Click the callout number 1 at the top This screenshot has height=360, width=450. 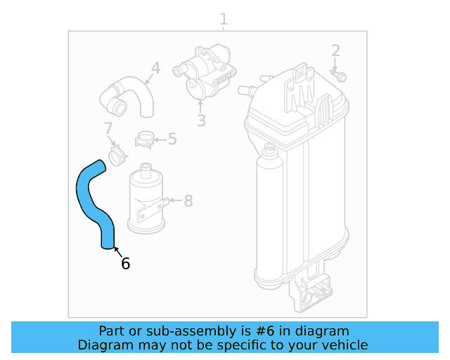[224, 19]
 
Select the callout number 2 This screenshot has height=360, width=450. [336, 51]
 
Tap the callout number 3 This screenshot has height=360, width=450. [201, 120]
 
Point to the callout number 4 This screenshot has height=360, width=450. [155, 68]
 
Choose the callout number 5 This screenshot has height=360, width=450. [172, 139]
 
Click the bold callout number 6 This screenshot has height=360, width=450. [125, 264]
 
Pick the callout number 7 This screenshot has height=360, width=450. [108, 129]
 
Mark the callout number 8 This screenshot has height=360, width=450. [188, 201]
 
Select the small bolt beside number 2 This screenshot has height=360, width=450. [340, 73]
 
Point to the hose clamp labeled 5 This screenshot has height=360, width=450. [146, 139]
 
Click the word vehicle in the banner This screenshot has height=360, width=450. [345, 345]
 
